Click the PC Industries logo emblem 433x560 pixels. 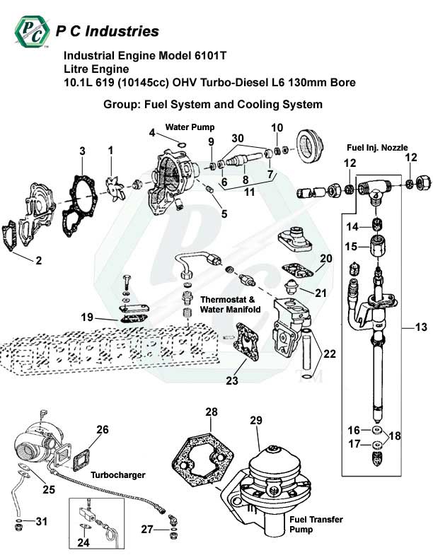[31, 31]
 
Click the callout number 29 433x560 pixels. [255, 420]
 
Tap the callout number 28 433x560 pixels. [211, 412]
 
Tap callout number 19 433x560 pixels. [86, 317]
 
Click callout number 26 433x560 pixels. [103, 429]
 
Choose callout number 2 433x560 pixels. [38, 260]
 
